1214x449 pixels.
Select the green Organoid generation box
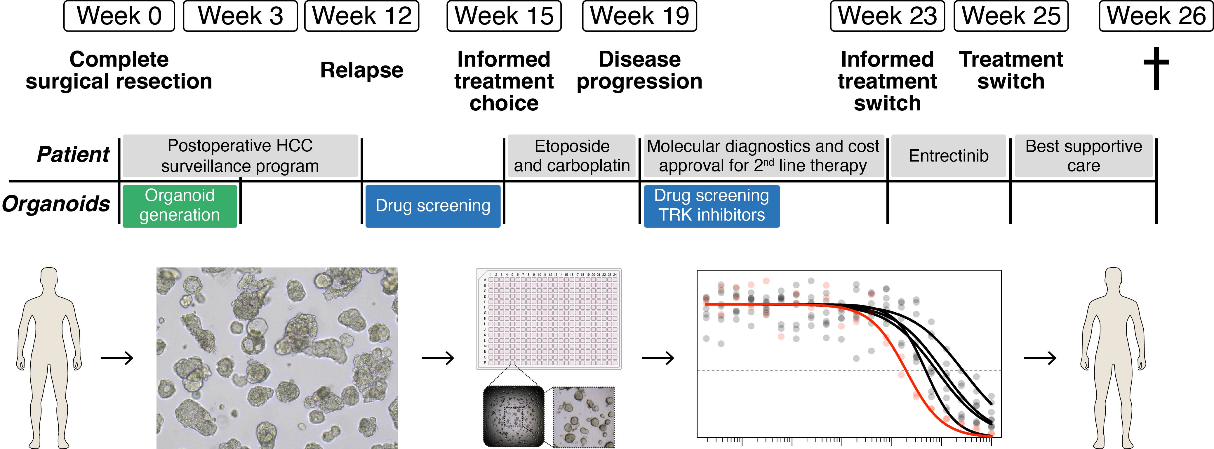pos(180,206)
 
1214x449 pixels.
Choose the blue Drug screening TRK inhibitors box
pos(711,206)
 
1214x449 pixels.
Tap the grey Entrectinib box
pos(948,156)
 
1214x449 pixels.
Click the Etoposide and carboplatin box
pos(572,156)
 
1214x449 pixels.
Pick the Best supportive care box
pos(1083,156)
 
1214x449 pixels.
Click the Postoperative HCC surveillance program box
pos(240,156)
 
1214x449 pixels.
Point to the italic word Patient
pos(73,155)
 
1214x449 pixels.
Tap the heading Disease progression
pos(639,70)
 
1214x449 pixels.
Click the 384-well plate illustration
pos(549,319)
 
